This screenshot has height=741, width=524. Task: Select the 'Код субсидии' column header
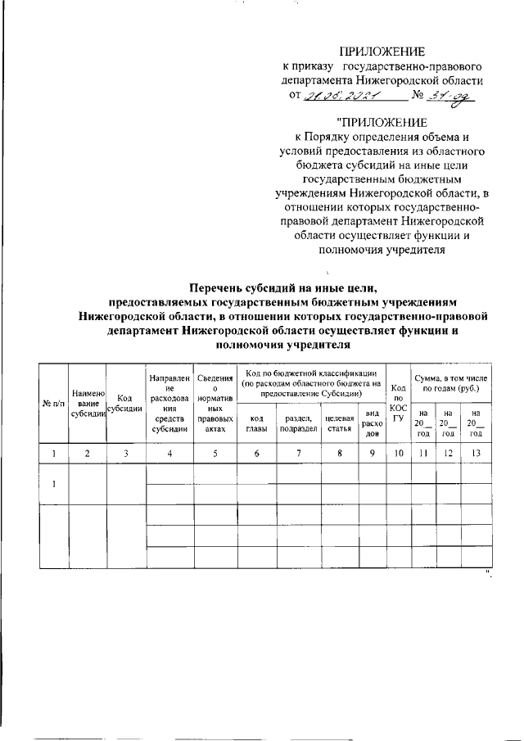pyautogui.click(x=125, y=404)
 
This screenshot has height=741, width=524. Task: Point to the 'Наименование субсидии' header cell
pyautogui.click(x=88, y=403)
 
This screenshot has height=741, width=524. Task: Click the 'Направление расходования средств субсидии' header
pyautogui.click(x=170, y=403)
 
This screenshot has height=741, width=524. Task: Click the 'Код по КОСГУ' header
pyautogui.click(x=399, y=403)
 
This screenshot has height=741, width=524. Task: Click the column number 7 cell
pyautogui.click(x=298, y=452)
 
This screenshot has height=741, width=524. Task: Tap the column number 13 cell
pyautogui.click(x=476, y=452)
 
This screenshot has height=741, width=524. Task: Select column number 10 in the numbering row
pyautogui.click(x=399, y=452)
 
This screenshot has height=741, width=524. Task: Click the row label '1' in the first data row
pyautogui.click(x=53, y=484)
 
